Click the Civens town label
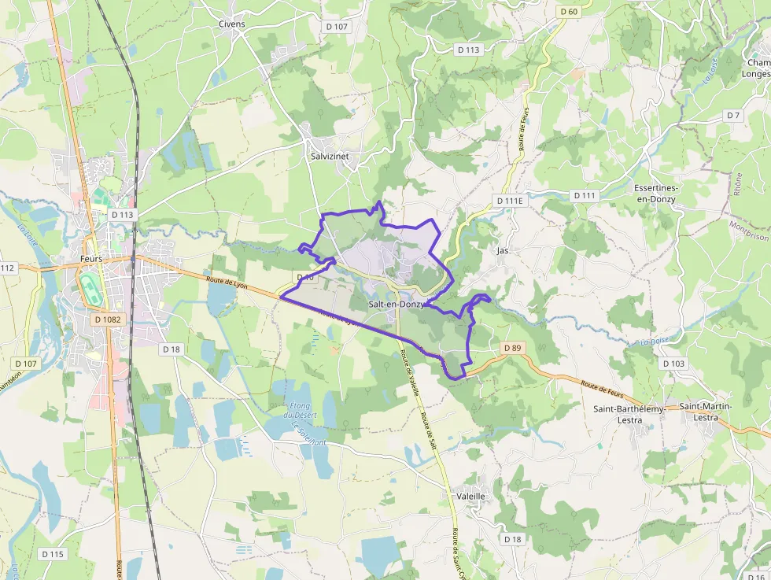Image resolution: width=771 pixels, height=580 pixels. click(x=232, y=24)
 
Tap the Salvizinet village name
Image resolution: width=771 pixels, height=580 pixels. click(x=330, y=157)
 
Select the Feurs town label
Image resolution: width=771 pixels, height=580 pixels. click(x=92, y=258)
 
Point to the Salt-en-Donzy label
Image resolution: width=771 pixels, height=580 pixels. click(x=397, y=304)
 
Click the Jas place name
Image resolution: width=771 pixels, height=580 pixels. click(x=503, y=251)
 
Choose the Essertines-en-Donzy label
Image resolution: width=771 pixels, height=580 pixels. click(x=655, y=194)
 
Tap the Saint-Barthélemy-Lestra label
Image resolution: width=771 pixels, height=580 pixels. click(x=629, y=414)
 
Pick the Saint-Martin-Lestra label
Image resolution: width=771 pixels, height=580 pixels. click(x=706, y=412)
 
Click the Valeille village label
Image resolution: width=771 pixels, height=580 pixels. click(x=471, y=497)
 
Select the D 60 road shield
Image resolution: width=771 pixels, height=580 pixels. click(x=568, y=11)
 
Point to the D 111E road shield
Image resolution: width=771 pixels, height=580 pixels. click(x=509, y=201)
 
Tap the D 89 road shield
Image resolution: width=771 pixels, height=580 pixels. click(x=511, y=348)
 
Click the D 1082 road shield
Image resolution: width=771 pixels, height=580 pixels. click(x=107, y=320)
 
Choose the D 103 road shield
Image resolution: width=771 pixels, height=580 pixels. click(x=673, y=364)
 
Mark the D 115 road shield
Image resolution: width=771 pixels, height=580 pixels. click(x=53, y=554)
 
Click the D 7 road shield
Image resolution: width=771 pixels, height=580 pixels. click(x=734, y=116)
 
